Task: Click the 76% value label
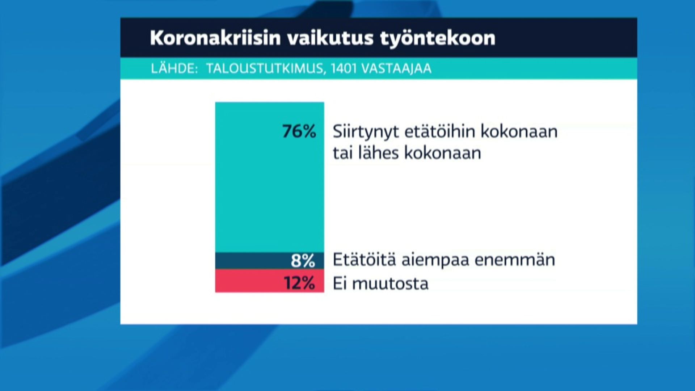[299, 131]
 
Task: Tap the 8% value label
[303, 260]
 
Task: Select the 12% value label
[299, 283]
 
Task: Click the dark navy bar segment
[269, 261]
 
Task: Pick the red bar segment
[269, 281]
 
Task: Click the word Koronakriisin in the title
[215, 38]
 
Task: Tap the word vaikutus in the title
[330, 38]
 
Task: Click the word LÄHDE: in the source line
[174, 68]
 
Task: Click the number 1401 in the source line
[343, 68]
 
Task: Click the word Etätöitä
[364, 260]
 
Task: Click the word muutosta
[390, 283]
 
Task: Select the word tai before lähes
[342, 153]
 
